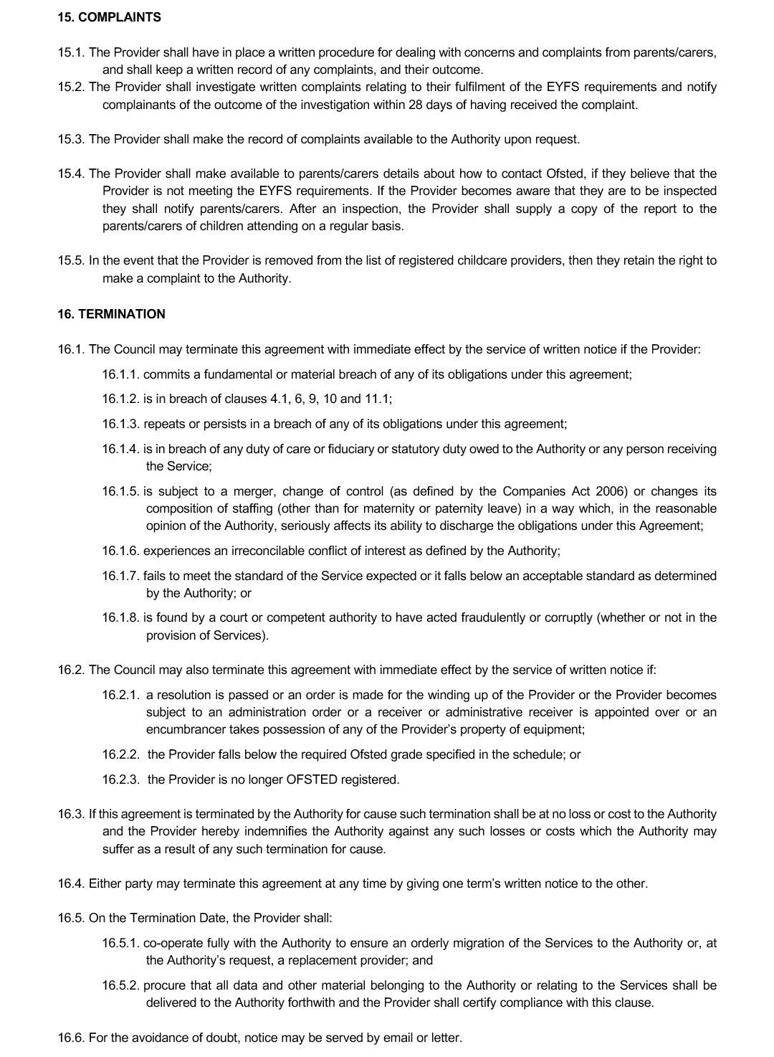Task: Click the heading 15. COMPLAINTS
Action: point(109,17)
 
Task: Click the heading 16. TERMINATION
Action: point(111,314)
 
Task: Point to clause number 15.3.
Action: point(72,139)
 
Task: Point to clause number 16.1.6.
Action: point(120,551)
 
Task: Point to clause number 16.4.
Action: point(72,883)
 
